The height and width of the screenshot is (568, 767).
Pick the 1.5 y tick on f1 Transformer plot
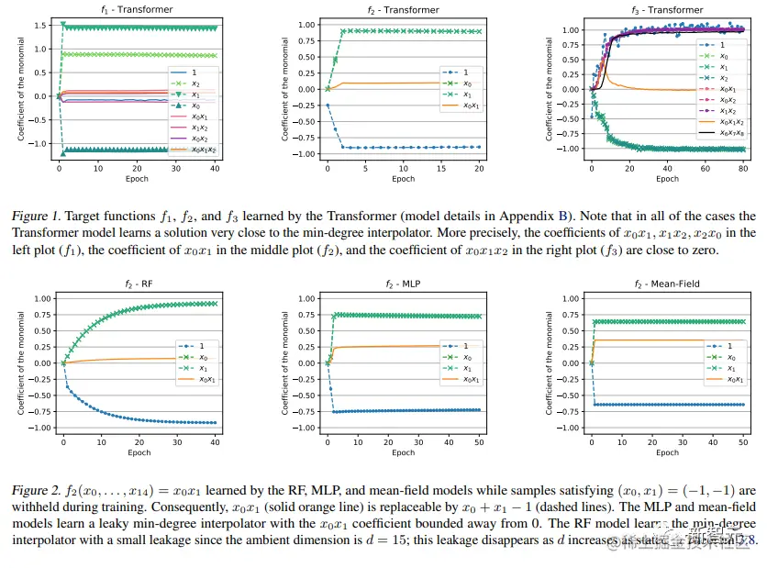[39, 25]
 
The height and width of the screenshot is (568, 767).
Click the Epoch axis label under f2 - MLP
[403, 452]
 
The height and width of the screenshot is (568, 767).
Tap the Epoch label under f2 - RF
[139, 452]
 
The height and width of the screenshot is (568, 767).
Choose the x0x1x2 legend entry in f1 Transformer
[198, 150]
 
